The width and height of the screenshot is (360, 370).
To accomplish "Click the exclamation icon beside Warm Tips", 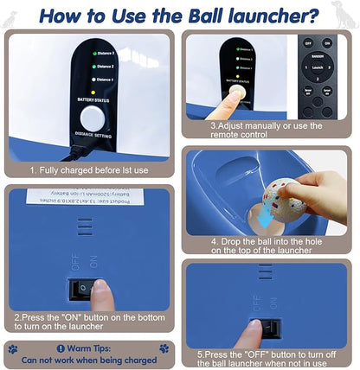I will pos(61,348).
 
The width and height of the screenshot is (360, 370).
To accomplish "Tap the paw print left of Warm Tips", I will pos(13,348).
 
